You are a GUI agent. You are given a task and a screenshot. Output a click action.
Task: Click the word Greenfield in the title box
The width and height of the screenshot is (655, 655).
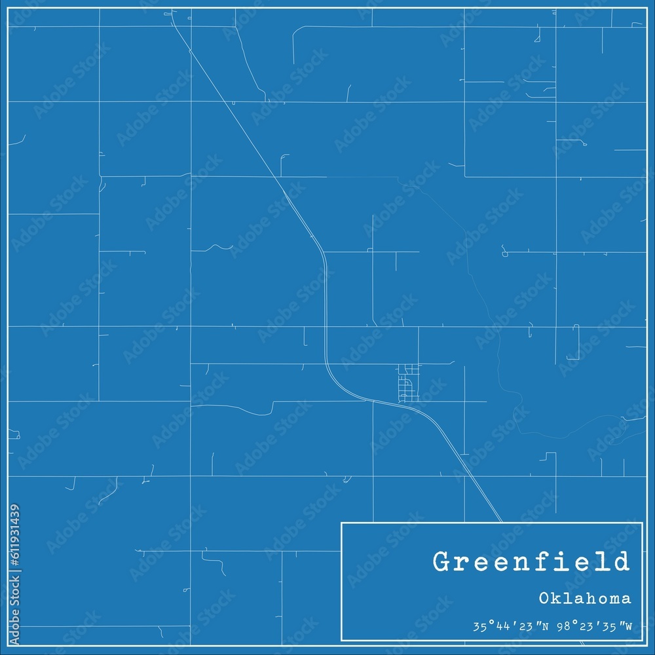tap(531, 562)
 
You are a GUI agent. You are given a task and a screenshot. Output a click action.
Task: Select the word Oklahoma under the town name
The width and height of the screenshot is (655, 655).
tap(586, 598)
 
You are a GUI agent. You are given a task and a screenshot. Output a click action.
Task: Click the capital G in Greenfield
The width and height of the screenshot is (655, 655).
tap(441, 562)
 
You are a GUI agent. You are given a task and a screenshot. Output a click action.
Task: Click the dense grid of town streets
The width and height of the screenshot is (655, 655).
tap(408, 383)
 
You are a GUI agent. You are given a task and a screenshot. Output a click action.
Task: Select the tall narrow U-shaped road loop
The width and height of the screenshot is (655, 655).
tap(576, 341)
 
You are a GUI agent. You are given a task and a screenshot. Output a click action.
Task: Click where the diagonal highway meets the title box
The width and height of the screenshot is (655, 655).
tap(502, 522)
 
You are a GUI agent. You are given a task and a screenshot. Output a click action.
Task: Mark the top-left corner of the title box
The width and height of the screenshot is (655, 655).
tap(342, 523)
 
